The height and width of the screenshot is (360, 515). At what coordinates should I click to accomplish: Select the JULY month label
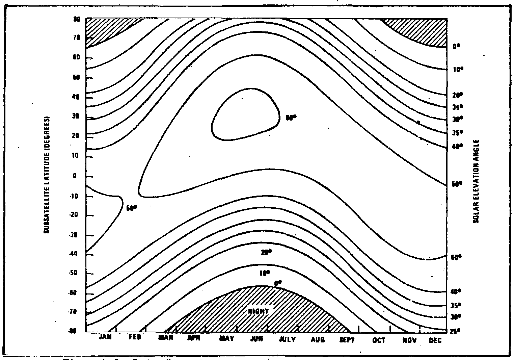[287, 339]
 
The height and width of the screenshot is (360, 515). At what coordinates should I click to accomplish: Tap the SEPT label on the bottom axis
[347, 340]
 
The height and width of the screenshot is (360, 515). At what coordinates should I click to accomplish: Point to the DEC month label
[435, 340]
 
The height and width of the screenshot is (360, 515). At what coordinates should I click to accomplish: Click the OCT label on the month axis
[379, 340]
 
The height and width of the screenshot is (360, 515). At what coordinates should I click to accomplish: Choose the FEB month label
[135, 339]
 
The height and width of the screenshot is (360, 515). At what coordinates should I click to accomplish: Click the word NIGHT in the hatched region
[258, 311]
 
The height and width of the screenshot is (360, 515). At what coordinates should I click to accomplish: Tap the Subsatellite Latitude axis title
[47, 175]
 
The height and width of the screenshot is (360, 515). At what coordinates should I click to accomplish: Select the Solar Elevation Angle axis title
[476, 181]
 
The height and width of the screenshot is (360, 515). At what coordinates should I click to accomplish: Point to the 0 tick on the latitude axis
[75, 176]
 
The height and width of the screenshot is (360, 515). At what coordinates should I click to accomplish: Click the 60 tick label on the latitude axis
[76, 58]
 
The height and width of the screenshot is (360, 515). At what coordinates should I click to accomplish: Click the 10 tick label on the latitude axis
[75, 156]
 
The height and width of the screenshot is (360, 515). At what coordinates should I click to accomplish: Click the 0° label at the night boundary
[277, 283]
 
